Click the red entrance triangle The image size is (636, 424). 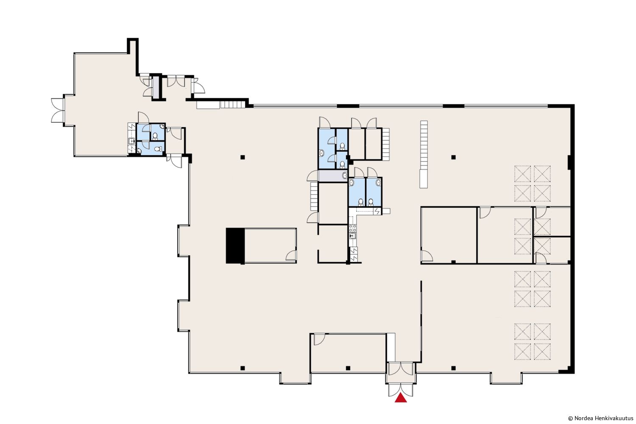pos(401,398)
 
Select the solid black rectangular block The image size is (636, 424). pos(235,246)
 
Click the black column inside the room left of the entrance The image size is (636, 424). pos(348,368)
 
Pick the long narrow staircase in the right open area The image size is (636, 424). pos(424,154)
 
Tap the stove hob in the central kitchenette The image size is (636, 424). pos(353,228)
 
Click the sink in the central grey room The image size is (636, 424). pos(345,175)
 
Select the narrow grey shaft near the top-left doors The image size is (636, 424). pos(156,87)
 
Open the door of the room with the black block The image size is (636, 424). pos(291,255)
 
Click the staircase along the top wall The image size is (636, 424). pos(232,105)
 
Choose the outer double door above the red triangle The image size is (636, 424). pos(401,390)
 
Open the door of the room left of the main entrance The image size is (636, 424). pos(319,340)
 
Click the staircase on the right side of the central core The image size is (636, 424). pos(386,144)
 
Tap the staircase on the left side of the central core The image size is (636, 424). pos(314,196)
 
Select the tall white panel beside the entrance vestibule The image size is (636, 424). pos(391,347)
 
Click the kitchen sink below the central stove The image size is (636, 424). pos(353,236)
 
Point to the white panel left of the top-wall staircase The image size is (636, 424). pos(209,105)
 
